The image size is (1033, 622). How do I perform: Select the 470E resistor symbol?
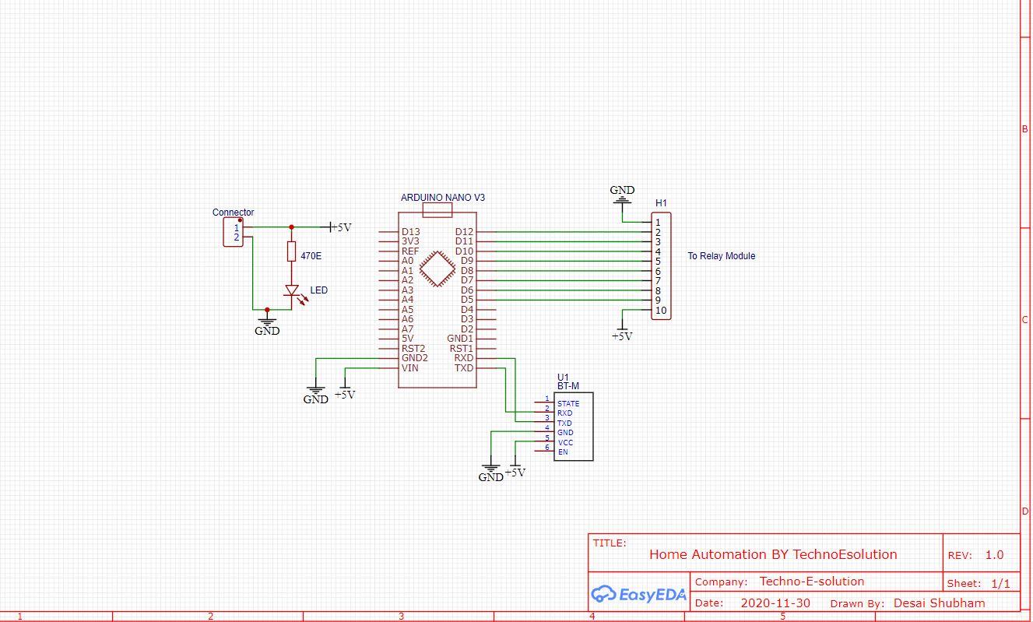[291, 251]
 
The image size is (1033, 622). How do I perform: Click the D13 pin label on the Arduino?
[410, 232]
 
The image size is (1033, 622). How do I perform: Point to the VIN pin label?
[409, 368]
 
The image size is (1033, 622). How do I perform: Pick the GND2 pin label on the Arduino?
[414, 358]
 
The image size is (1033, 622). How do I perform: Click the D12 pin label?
[464, 232]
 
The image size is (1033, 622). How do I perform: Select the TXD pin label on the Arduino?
[464, 368]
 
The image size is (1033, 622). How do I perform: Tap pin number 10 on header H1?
[660, 311]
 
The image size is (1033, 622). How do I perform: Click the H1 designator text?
[661, 203]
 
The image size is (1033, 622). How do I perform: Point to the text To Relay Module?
[721, 256]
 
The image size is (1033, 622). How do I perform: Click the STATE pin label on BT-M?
[568, 404]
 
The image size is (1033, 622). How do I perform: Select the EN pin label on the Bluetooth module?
[563, 452]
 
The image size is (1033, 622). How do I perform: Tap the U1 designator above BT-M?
[564, 377]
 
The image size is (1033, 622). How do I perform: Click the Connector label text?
[233, 213]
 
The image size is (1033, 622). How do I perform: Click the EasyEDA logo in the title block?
[638, 595]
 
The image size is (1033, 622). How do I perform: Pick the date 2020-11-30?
[775, 603]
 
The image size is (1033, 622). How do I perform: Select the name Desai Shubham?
[939, 603]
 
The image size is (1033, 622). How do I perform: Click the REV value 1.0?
[994, 555]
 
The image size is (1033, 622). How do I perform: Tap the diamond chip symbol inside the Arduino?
[437, 271]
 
